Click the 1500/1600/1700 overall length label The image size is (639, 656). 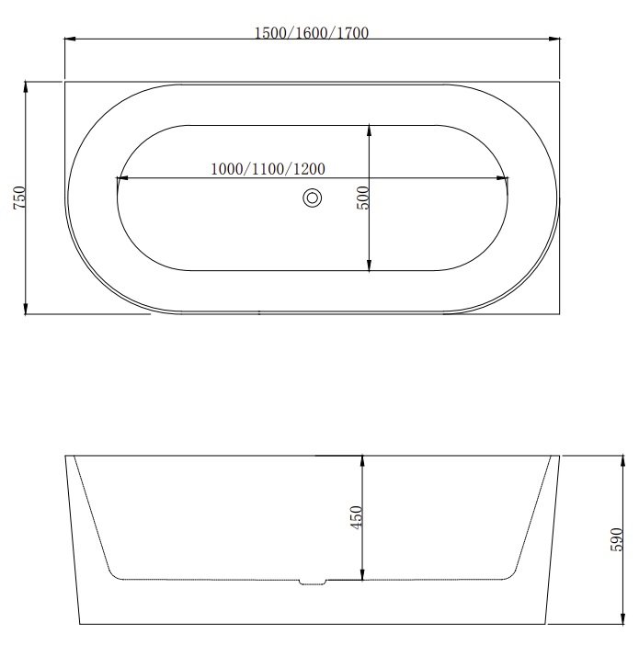point(312,33)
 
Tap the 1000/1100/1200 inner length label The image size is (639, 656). point(267,168)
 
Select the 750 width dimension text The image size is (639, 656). point(19,198)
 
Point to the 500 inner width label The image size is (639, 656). point(362,198)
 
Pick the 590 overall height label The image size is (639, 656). point(615,539)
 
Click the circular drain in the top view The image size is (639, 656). point(313,198)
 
